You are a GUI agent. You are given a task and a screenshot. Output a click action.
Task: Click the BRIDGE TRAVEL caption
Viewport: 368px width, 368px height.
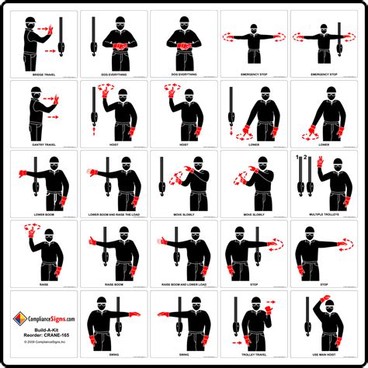tap(44, 75)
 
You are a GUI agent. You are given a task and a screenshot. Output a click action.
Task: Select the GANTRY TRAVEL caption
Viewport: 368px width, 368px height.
tap(44, 144)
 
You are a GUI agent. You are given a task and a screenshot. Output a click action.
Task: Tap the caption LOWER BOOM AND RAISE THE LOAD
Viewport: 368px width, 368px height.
tap(115, 214)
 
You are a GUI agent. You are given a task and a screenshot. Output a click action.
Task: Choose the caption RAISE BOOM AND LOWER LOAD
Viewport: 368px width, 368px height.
tap(184, 284)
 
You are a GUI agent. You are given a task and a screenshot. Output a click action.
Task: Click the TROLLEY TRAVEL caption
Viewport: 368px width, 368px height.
tap(254, 354)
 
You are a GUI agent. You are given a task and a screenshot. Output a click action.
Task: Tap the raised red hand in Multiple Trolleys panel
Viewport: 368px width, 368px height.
tap(319, 164)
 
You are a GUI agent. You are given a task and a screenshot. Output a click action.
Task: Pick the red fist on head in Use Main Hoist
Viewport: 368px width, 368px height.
tap(324, 298)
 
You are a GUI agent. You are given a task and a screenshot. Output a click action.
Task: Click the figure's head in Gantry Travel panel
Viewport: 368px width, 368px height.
tap(36, 95)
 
